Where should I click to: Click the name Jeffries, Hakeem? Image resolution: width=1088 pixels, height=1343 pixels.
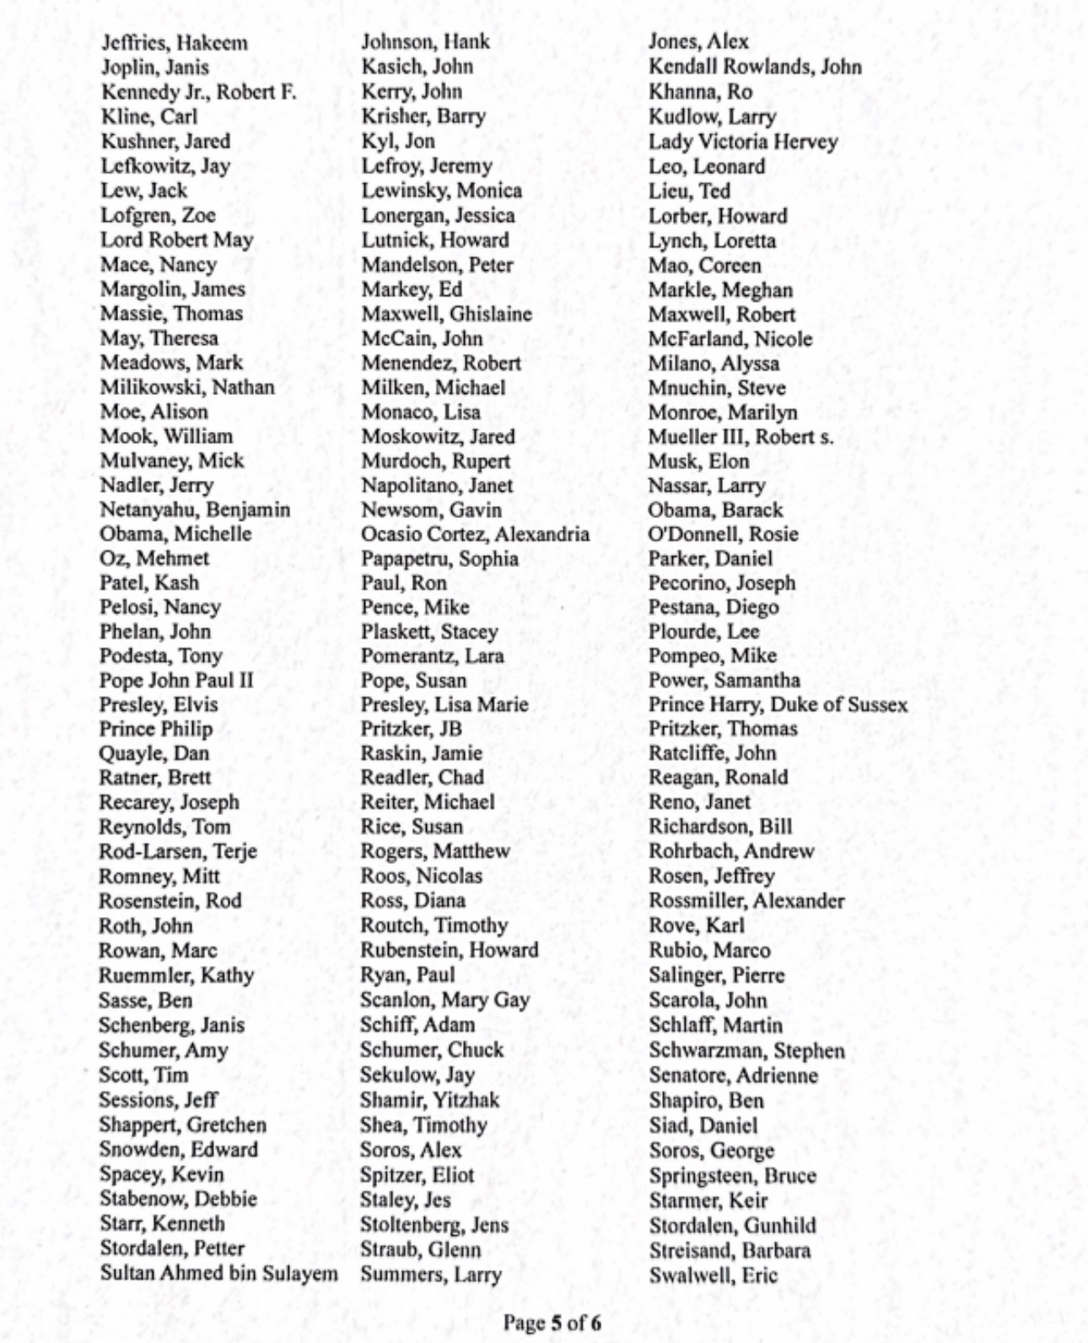(x=174, y=42)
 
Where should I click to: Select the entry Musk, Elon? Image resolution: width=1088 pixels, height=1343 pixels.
(x=698, y=461)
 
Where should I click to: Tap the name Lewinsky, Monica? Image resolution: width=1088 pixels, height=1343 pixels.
(x=441, y=191)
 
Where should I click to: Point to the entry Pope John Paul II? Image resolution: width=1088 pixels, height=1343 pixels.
(x=176, y=680)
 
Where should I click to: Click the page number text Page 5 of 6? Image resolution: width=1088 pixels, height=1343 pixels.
(x=552, y=1322)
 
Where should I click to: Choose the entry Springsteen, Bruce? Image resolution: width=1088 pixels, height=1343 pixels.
(x=732, y=1175)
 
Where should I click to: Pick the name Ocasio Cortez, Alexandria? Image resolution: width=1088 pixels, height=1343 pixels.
(x=475, y=534)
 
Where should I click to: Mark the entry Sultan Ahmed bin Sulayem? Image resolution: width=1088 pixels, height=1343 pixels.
(x=218, y=1273)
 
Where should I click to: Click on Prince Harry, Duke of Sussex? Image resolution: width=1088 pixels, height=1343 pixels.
(x=778, y=704)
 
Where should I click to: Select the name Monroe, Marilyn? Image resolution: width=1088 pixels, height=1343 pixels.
(x=722, y=413)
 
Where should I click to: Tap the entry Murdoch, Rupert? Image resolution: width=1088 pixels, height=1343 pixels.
(x=435, y=461)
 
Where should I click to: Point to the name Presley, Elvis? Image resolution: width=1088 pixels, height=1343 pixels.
(x=159, y=704)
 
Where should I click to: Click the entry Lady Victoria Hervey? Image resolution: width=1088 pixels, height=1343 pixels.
(x=742, y=141)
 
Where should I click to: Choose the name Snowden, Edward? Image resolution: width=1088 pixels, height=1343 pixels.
(x=179, y=1150)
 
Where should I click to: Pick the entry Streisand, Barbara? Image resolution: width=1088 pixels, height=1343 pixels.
(x=730, y=1249)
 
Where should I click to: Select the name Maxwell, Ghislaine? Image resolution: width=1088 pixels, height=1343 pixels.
(x=446, y=315)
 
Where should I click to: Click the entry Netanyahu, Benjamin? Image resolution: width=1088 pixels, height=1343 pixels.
(x=195, y=510)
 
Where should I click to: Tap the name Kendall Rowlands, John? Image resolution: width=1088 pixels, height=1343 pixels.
(x=755, y=67)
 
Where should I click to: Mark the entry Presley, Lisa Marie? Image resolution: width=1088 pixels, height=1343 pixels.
(x=444, y=704)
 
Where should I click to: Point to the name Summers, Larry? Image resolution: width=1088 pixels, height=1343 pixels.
(x=431, y=1274)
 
